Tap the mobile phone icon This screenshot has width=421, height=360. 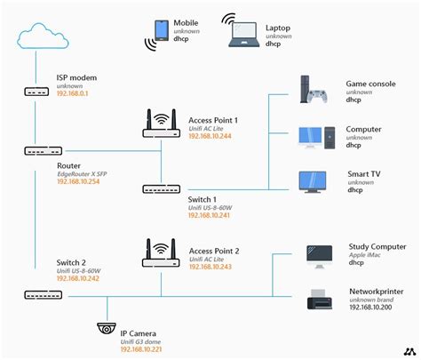pyautogui.click(x=162, y=30)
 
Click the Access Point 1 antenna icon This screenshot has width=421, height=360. pyautogui.click(x=161, y=124)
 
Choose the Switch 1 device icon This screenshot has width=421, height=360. pyautogui.click(x=161, y=188)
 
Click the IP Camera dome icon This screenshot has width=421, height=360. pyautogui.click(x=107, y=330)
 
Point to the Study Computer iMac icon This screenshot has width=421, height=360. pyautogui.click(x=318, y=255)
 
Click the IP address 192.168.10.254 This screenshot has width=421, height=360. pyautogui.click(x=80, y=180)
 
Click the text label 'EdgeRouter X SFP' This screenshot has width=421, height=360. pyautogui.click(x=83, y=172)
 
